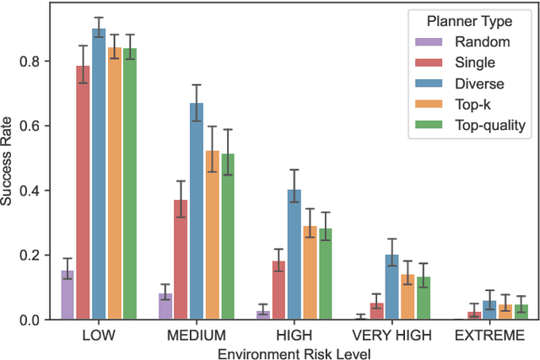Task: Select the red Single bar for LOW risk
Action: pos(83,193)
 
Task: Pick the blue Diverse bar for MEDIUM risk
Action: pos(196,212)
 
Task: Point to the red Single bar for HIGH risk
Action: pos(278,291)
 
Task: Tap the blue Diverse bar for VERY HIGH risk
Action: pos(391,287)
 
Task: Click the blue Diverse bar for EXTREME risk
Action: pos(489,310)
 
